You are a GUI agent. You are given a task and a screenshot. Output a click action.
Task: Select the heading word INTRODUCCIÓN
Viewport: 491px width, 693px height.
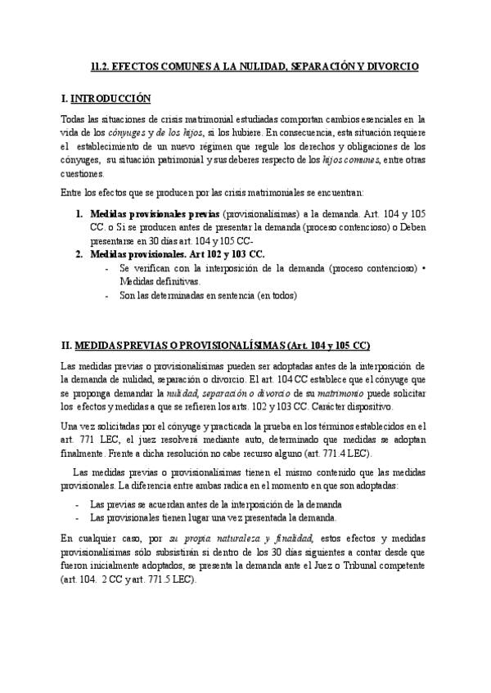tap(111, 99)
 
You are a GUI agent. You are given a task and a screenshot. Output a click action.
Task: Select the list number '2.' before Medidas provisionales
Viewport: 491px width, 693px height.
tap(79, 254)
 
